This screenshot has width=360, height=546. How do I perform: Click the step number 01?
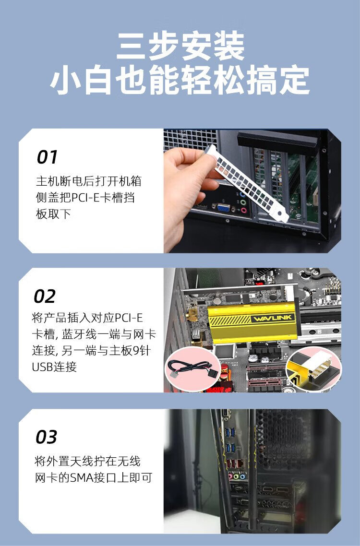point(47,157)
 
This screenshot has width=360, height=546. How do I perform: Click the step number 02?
point(45,297)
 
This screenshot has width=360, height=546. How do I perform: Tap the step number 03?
point(47,437)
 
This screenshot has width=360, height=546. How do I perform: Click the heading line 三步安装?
point(180,47)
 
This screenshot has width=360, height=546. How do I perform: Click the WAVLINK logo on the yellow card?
point(273,318)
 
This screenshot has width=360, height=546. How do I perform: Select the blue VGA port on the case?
point(223,208)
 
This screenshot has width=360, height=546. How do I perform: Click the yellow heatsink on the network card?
point(252,323)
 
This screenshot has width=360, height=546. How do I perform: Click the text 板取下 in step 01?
point(53,214)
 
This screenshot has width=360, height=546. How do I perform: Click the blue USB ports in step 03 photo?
point(229,440)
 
